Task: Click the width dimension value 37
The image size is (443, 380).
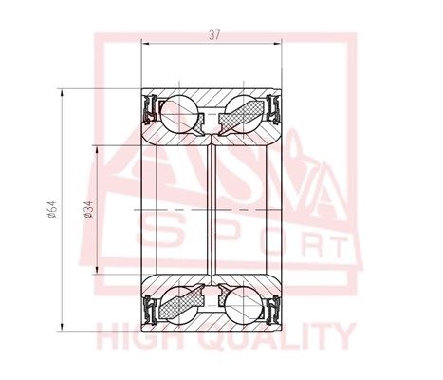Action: point(213,34)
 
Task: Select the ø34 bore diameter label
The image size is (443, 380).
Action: point(88,209)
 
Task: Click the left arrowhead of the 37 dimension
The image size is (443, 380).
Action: point(144,43)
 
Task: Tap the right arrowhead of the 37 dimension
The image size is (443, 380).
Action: point(282,43)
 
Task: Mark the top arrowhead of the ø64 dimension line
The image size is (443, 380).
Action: point(64,91)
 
